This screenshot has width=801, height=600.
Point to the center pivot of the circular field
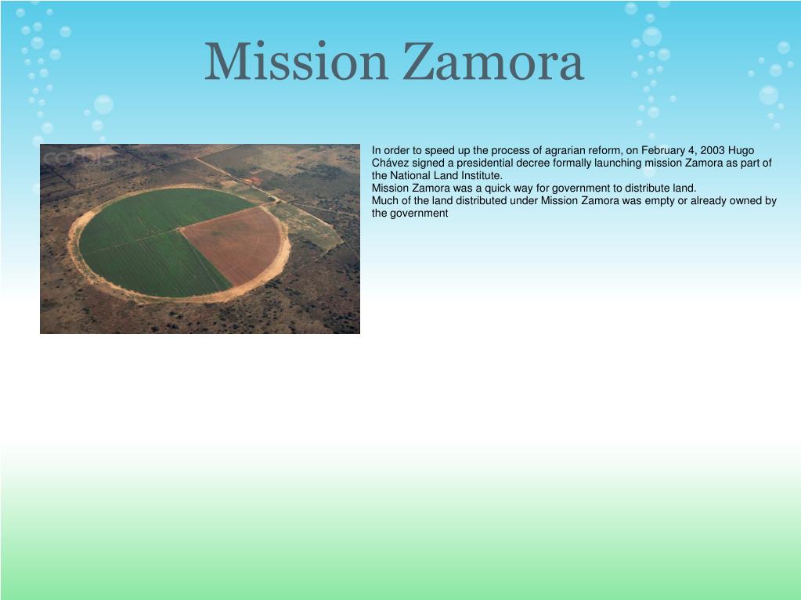[179, 229]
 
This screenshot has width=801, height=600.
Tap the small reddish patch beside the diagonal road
[253, 181]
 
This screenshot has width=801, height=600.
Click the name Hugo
[741, 150]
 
